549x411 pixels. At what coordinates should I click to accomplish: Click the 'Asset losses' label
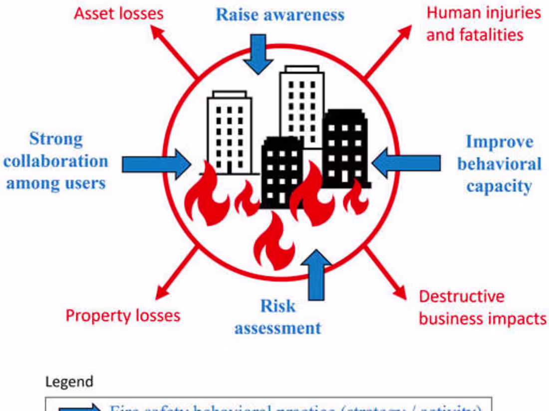pyautogui.click(x=118, y=13)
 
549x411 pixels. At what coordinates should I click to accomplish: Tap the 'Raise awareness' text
pyautogui.click(x=280, y=14)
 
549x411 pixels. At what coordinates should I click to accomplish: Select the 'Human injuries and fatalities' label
pyautogui.click(x=483, y=23)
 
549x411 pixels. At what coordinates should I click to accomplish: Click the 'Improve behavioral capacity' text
pyautogui.click(x=499, y=164)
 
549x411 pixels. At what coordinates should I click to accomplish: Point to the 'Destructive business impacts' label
pyautogui.click(x=482, y=307)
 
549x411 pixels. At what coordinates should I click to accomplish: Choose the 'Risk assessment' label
pyautogui.click(x=278, y=317)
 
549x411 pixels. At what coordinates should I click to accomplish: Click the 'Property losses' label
pyautogui.click(x=123, y=315)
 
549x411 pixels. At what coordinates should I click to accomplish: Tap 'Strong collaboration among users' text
pyautogui.click(x=56, y=161)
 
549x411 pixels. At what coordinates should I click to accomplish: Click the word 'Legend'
pyautogui.click(x=69, y=382)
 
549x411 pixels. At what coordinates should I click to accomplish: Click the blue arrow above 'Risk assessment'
pyautogui.click(x=315, y=274)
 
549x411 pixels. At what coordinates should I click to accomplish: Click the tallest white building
pyautogui.click(x=301, y=105)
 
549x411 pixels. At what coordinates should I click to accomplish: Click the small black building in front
pyautogui.click(x=281, y=172)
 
